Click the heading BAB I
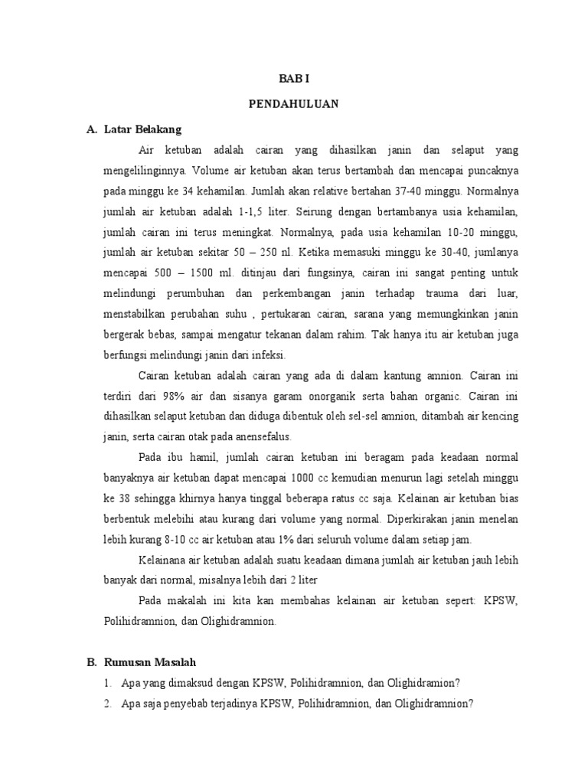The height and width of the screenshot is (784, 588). click(293, 78)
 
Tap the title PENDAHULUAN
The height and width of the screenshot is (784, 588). click(293, 103)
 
